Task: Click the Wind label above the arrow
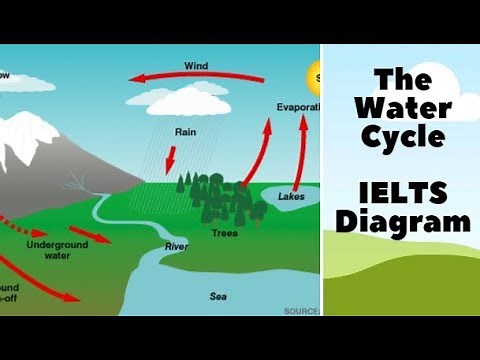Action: tap(196, 66)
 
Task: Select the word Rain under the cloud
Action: tap(185, 129)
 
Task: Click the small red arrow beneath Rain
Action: tap(171, 157)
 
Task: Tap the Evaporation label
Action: tap(297, 105)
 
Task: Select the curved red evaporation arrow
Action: tap(262, 150)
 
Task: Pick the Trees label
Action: tap(224, 233)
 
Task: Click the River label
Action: tap(176, 246)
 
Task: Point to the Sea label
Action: tap(218, 296)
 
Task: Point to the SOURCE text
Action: tap(300, 311)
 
